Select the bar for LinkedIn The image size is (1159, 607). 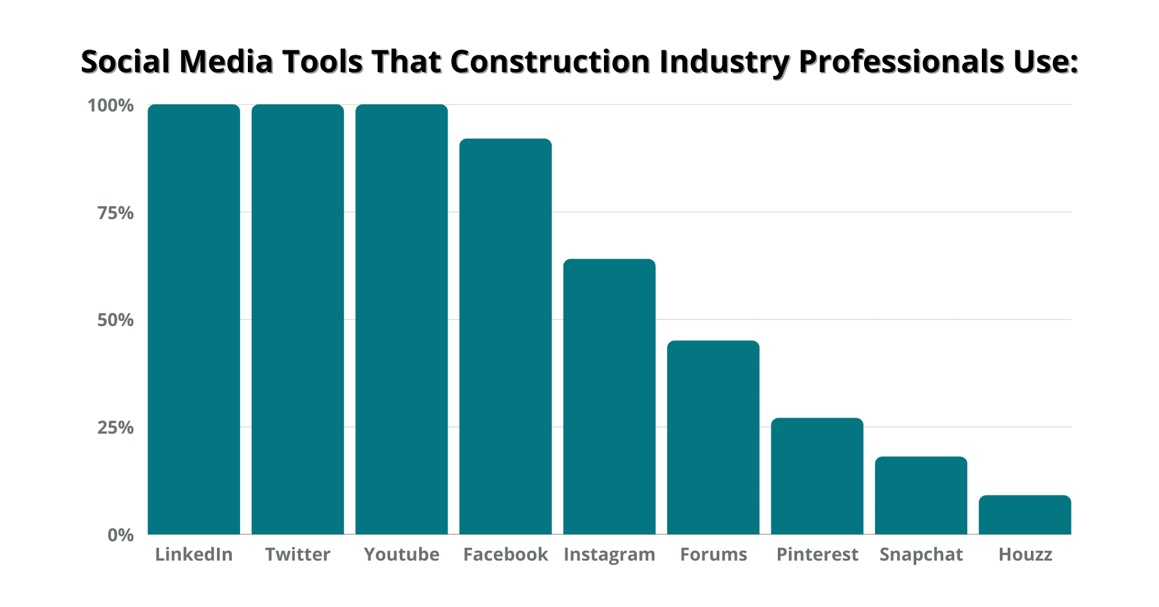[194, 319]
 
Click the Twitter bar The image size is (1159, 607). [297, 319]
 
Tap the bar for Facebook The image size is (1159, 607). [505, 336]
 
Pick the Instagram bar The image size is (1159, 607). [609, 396]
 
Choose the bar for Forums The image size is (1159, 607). [713, 437]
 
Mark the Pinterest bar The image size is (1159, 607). [817, 476]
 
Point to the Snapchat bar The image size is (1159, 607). [921, 495]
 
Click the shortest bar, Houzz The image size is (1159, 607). [1025, 514]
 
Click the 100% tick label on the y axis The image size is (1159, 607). [111, 105]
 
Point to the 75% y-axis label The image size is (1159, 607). [116, 213]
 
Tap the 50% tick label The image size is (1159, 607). [116, 320]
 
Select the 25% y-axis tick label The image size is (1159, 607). [116, 427]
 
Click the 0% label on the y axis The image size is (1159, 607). [120, 535]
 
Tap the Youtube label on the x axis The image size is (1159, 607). [402, 555]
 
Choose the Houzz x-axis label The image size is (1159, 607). [1025, 555]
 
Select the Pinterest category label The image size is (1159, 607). [817, 555]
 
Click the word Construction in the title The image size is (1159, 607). [551, 62]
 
